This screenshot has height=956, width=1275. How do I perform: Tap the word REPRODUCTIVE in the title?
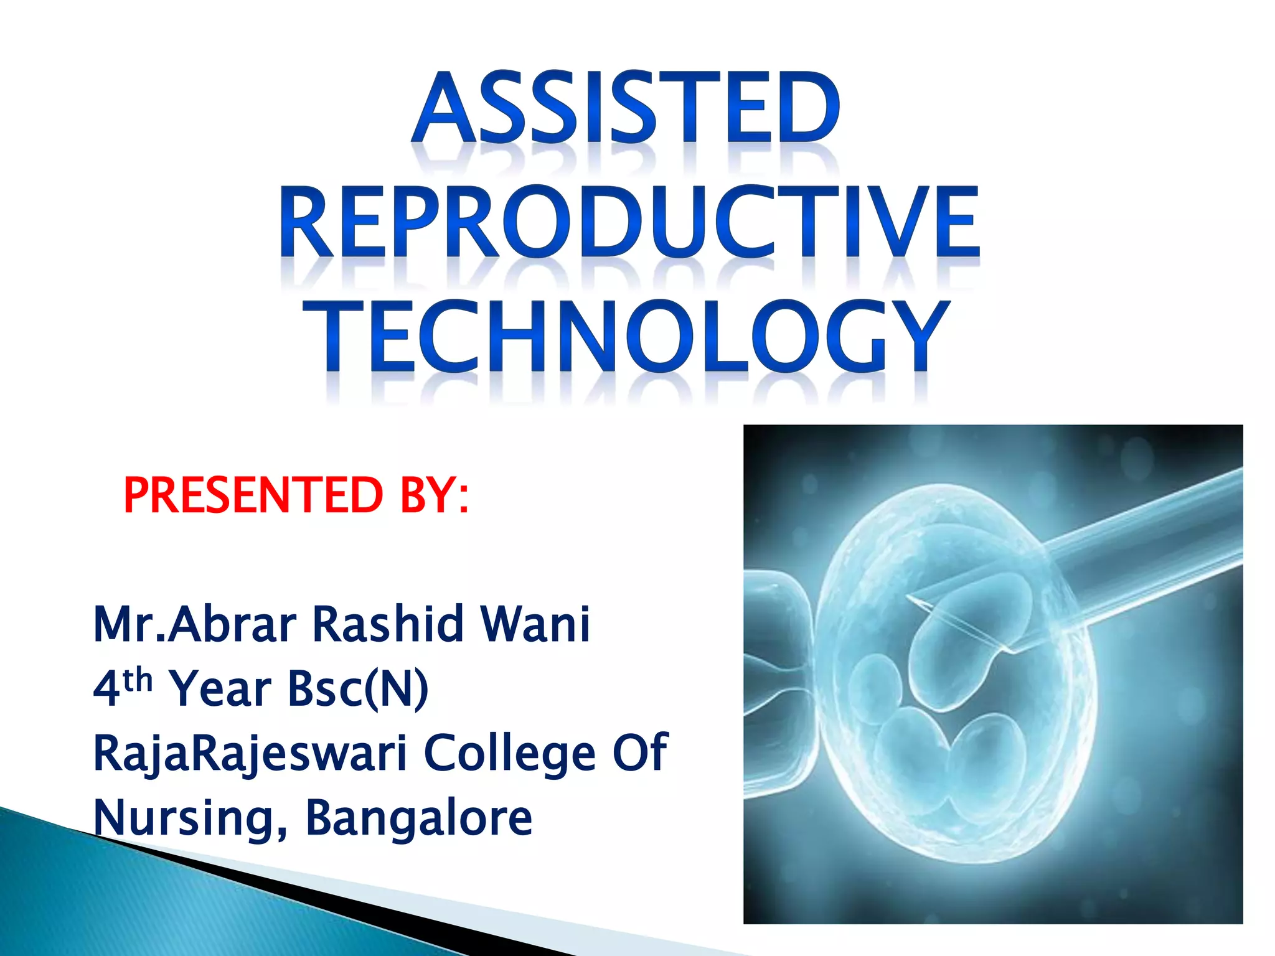click(630, 222)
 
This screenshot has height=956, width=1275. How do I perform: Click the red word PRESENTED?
click(253, 495)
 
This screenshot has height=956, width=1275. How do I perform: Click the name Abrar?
click(232, 624)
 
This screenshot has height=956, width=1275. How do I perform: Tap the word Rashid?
click(388, 624)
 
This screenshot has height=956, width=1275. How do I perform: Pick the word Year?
click(220, 689)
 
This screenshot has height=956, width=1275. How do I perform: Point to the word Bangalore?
click(419, 818)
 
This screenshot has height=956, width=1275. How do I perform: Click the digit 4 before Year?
click(106, 689)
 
